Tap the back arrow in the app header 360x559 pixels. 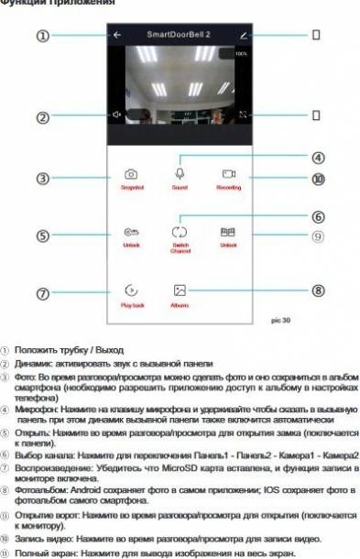116,35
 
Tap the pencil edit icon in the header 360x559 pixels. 243,35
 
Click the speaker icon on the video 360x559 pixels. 116,115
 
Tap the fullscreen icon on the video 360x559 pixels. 243,115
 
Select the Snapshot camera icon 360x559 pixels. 132,173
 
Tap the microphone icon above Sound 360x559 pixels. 179,172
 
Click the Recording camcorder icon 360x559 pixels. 228,173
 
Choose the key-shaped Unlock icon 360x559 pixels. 132,233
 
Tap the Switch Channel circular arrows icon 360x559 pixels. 179,233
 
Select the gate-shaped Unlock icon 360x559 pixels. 228,233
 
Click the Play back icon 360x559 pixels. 132,290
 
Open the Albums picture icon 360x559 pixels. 179,290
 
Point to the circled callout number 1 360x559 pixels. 42,35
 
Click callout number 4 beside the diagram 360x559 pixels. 318,158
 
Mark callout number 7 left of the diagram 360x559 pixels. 42,293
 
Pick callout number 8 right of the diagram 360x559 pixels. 318,290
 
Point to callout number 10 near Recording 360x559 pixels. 318,180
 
